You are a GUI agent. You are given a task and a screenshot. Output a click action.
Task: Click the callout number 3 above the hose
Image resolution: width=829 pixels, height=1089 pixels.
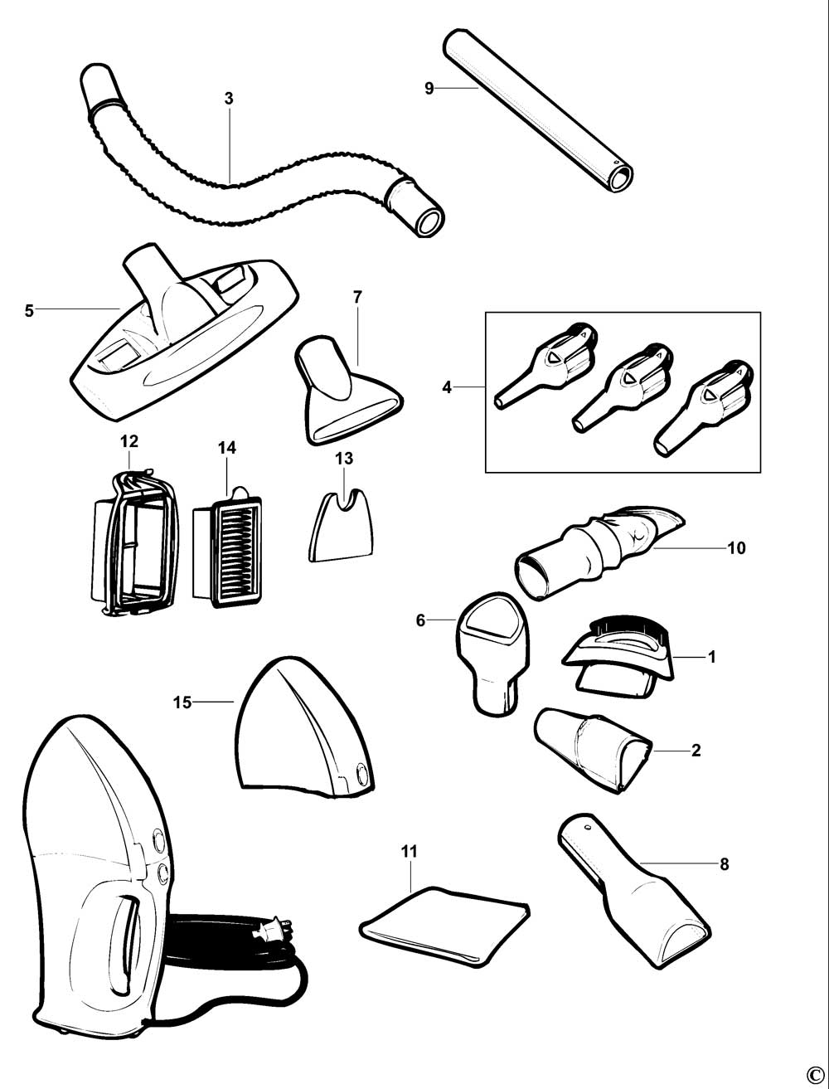coord(229,98)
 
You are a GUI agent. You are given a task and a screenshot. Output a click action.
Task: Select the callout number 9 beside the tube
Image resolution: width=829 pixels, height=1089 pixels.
coord(429,88)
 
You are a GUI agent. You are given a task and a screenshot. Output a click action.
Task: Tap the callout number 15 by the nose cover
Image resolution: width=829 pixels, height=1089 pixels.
coord(182,703)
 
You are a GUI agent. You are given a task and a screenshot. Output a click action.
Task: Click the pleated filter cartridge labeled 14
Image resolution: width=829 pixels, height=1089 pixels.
coord(226,547)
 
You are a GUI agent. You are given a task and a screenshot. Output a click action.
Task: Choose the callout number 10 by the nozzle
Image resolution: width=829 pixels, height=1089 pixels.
coord(736,548)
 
